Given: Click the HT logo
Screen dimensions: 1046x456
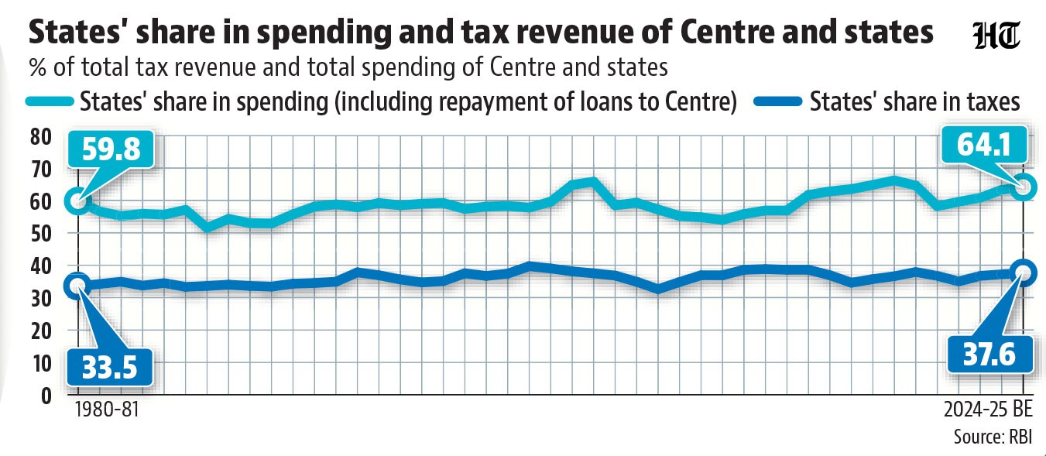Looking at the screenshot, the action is pos(996,36).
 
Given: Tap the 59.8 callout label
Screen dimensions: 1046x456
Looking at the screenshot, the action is pos(111,149).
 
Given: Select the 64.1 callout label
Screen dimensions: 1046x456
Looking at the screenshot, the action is pos(983,145).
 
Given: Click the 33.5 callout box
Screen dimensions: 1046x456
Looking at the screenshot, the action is pos(110,367).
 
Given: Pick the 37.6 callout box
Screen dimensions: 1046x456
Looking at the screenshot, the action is pos(989,355).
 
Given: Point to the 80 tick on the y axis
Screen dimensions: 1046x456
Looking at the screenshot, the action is pos(40,137).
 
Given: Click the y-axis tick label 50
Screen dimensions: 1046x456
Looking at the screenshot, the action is pos(40,234).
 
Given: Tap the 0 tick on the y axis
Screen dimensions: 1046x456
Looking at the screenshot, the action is pos(46,396).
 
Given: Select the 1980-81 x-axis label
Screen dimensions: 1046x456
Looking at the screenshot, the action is pos(107,410).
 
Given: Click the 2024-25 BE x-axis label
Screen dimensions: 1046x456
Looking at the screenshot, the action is pos(988,410).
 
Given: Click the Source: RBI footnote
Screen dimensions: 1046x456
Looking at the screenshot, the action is pos(993,437).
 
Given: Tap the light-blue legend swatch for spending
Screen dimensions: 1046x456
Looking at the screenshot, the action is pos(50,101).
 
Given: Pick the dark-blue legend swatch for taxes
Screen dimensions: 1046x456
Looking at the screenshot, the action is pos(778,101).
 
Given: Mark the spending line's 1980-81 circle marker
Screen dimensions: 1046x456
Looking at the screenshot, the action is pos(78,201).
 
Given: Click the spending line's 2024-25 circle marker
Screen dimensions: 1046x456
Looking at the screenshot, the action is pos(1023,187).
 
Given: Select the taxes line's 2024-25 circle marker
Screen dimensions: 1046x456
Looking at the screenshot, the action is pos(1023,273).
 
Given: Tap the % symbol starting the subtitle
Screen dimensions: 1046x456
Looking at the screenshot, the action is pos(38,67).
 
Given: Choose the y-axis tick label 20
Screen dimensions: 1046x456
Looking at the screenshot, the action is pos(40,331).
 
